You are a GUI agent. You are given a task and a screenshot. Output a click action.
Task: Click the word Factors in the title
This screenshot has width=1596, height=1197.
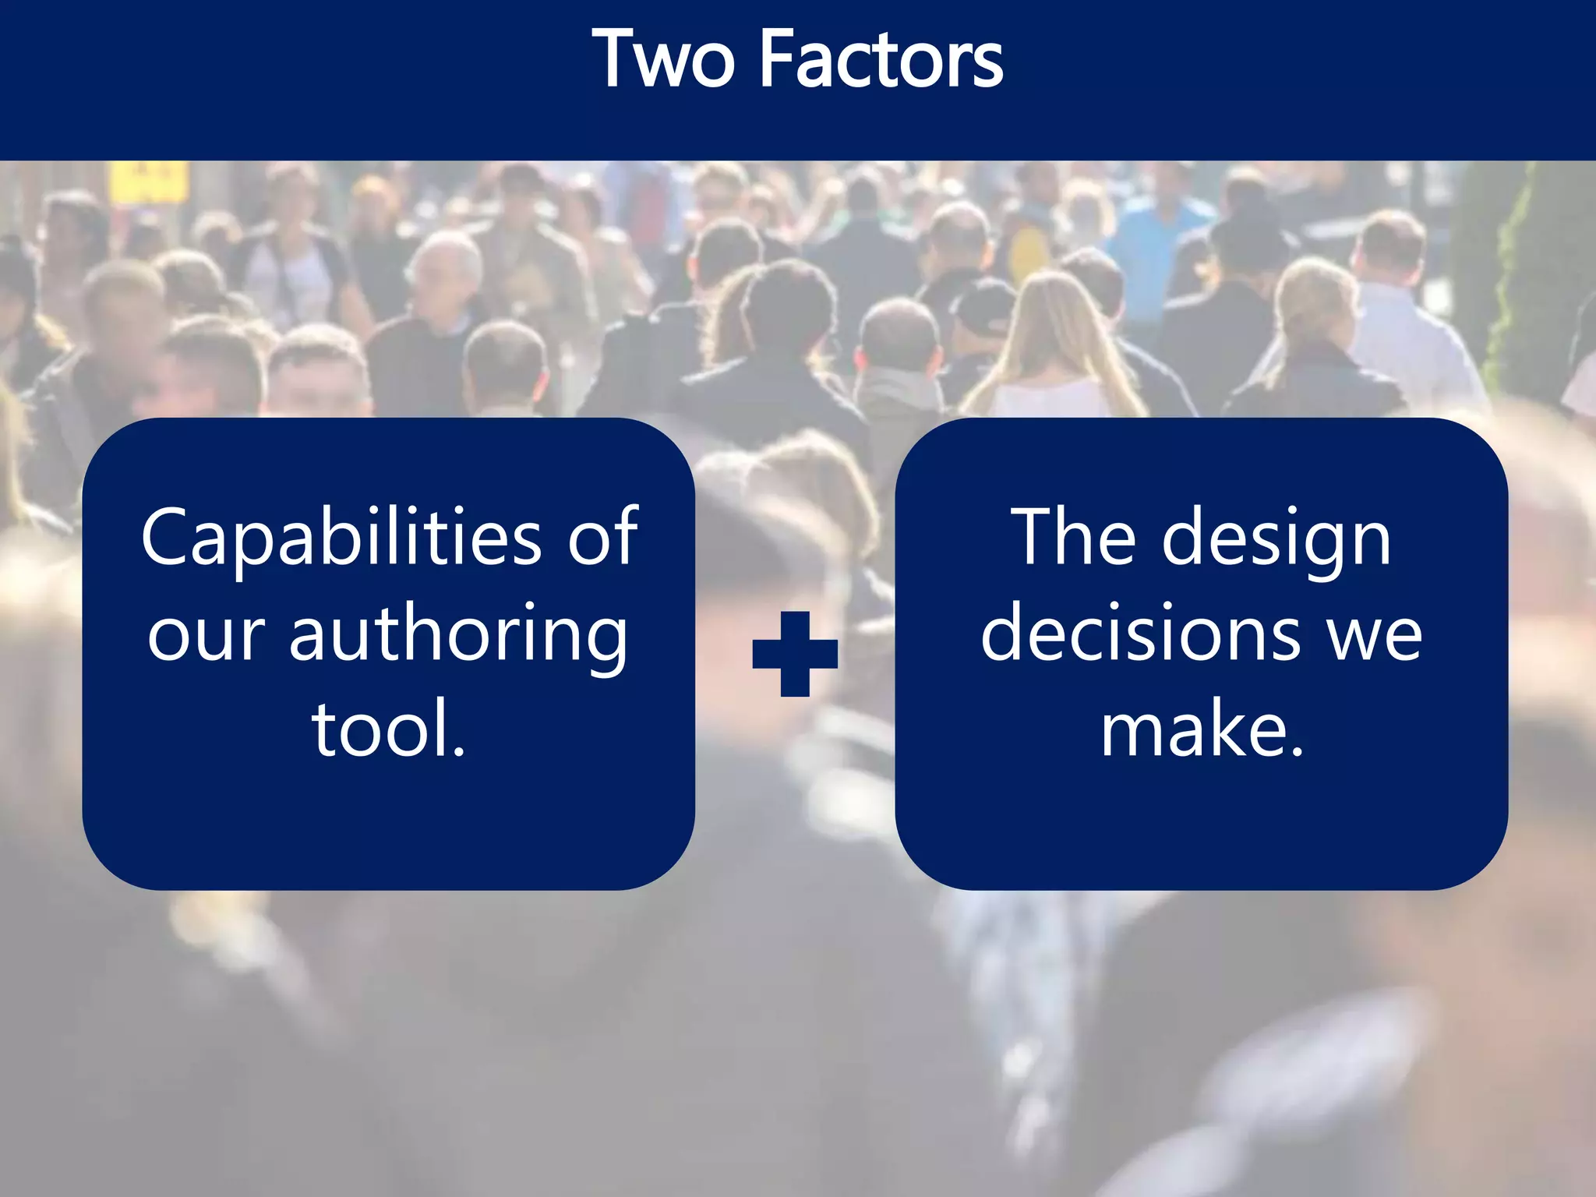[x=880, y=59]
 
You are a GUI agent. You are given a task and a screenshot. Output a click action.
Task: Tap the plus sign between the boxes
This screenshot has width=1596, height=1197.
[x=795, y=654]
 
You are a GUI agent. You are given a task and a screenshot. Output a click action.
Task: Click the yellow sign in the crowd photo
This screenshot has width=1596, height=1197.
[x=149, y=182]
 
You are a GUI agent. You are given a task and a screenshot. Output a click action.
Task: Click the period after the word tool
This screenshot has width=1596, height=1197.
[x=459, y=751]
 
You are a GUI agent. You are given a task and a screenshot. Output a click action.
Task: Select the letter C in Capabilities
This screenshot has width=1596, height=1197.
[x=167, y=537]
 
